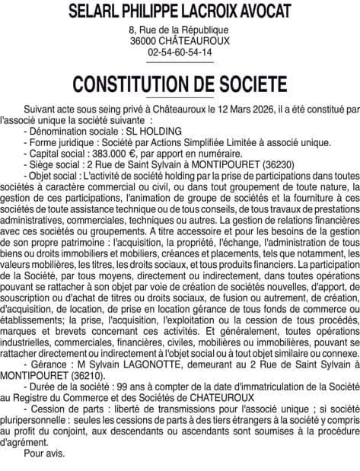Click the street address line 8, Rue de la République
[180, 29]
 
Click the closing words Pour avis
[45, 454]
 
